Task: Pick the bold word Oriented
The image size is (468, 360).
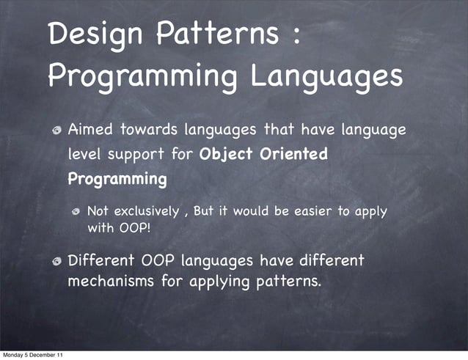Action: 293,155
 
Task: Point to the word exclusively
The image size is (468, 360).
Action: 148,211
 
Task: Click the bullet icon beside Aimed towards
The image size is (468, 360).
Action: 56,131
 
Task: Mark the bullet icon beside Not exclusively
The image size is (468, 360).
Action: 76,212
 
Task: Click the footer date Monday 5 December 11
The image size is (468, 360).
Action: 32,355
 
